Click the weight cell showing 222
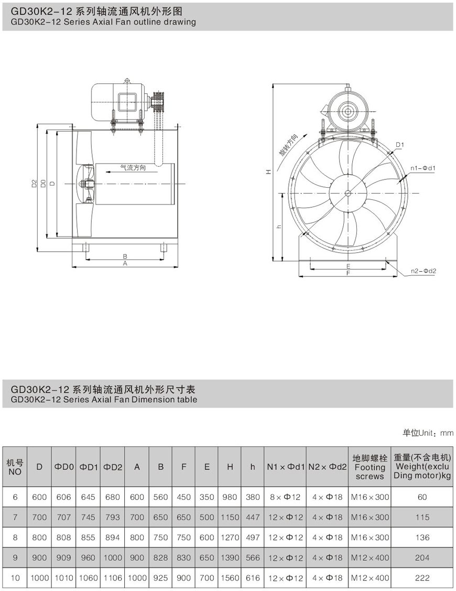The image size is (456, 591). coord(422,577)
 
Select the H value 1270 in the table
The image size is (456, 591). coord(230,537)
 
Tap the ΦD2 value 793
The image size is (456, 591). coord(113,517)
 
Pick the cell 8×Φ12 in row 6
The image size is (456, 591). coord(285,497)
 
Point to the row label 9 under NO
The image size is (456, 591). coord(15,557)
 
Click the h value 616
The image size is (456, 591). coord(253,577)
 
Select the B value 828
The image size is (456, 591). coord(160,557)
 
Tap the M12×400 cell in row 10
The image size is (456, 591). coord(370,577)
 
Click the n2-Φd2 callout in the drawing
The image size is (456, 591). coord(424,271)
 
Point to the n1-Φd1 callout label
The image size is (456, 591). coord(424,168)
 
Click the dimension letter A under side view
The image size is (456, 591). coord(125,264)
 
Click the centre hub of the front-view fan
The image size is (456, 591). coord(348,192)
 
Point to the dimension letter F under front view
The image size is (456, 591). coord(348,273)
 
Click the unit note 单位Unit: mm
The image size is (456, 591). coord(427,433)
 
